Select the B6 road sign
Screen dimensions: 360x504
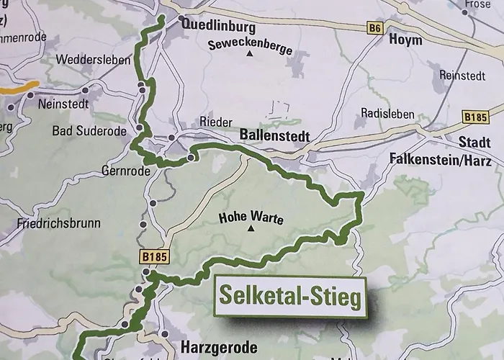(x=374, y=28)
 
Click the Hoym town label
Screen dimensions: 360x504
(x=405, y=40)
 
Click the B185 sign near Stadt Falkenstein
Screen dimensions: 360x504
(x=476, y=117)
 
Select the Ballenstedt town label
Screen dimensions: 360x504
(x=274, y=136)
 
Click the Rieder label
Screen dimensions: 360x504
(x=216, y=121)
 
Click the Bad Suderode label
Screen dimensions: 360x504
(x=89, y=131)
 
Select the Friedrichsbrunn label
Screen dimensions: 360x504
(x=58, y=223)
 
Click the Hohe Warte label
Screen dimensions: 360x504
(x=251, y=218)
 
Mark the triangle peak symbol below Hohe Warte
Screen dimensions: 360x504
(x=251, y=230)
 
